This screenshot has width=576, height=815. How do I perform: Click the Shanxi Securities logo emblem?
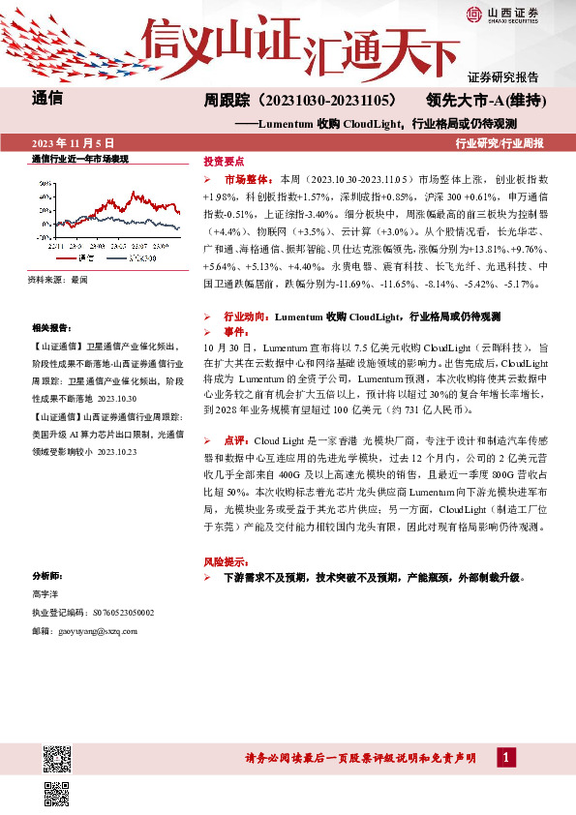click(x=472, y=14)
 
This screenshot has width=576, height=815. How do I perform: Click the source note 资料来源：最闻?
click(x=57, y=280)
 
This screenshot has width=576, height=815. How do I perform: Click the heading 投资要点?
click(x=224, y=162)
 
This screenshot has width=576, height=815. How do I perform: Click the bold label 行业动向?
click(x=245, y=317)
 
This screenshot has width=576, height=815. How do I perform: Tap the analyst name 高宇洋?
click(x=45, y=593)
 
